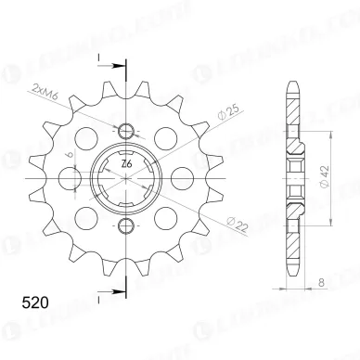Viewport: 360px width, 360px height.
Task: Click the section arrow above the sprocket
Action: (x=111, y=66)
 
